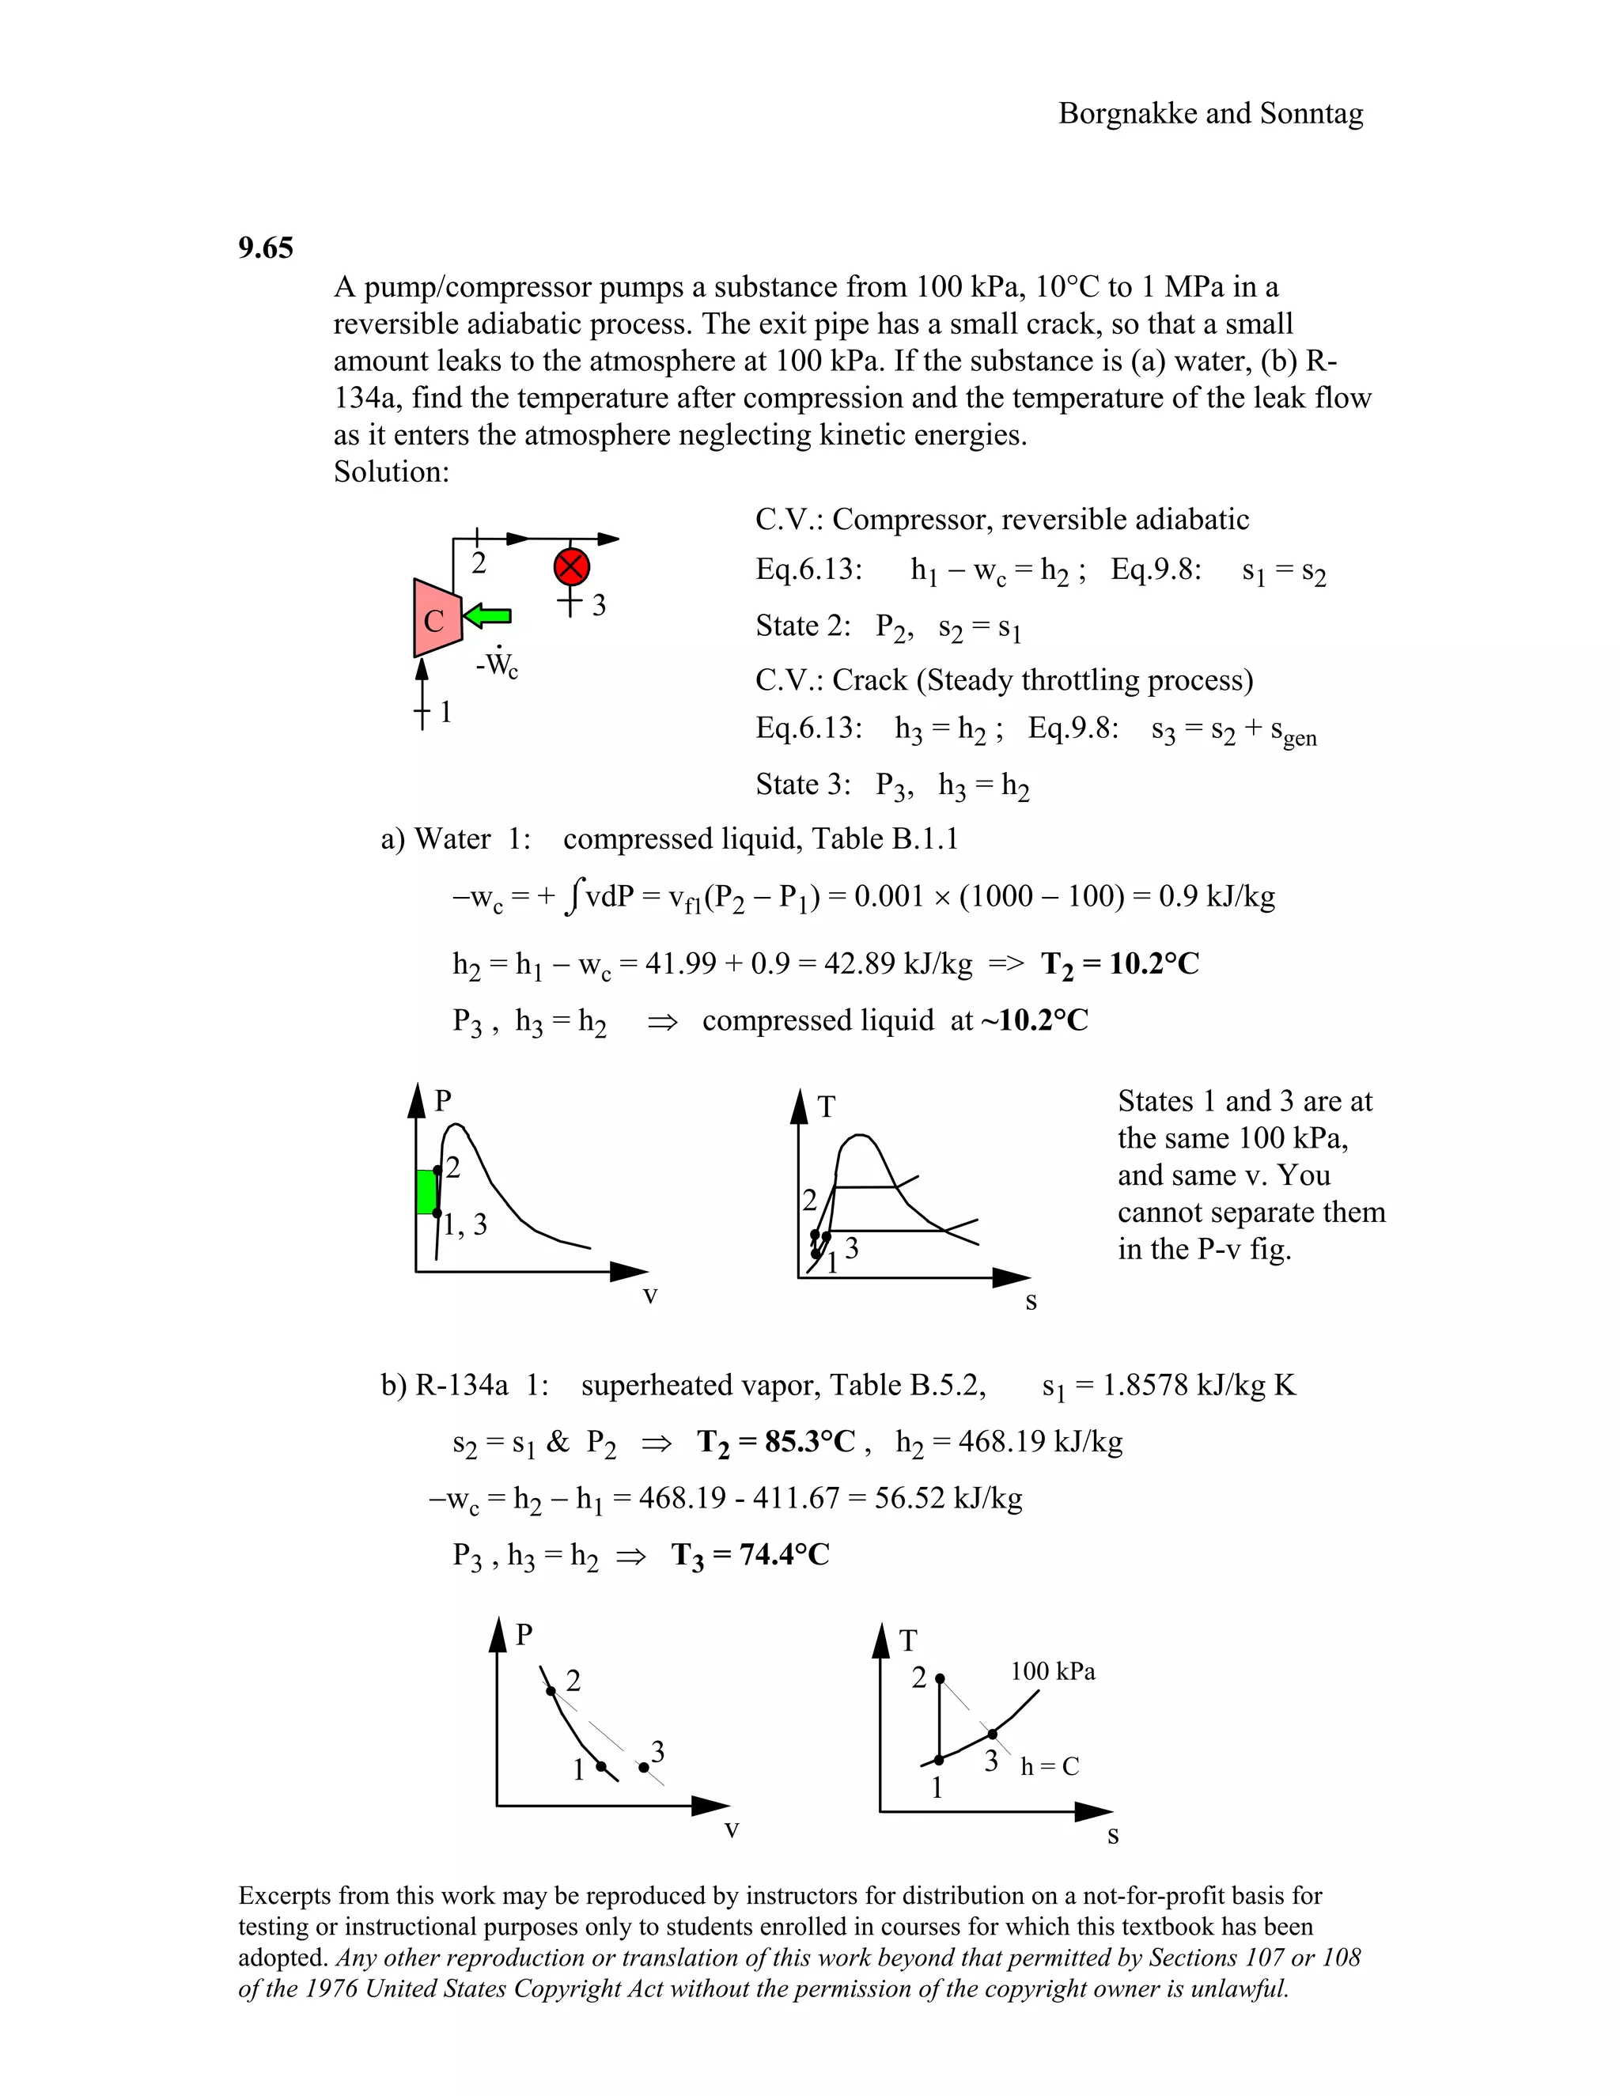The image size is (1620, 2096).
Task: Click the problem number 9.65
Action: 266,248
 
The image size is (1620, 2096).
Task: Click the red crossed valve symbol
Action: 572,566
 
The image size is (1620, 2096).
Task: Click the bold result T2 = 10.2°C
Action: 1120,963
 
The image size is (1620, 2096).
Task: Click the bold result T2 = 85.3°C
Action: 775,1441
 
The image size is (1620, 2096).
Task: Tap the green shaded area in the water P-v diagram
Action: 426,1191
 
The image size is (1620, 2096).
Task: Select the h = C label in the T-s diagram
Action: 1049,1767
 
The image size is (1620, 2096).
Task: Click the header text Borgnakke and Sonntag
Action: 1210,114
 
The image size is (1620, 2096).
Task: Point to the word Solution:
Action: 391,472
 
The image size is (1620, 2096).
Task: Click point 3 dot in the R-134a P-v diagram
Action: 644,1767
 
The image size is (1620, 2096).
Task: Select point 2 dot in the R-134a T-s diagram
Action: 941,1678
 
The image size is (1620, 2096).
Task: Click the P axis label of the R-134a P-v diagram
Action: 524,1634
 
